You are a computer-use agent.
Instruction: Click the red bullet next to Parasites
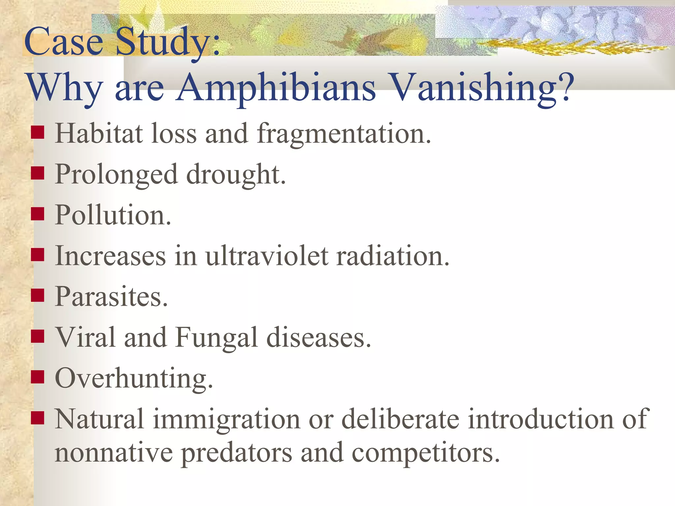pos(38,295)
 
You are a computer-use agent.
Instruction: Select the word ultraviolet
pos(267,256)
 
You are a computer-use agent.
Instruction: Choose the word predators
pos(237,453)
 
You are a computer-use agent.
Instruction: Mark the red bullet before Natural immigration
pos(38,417)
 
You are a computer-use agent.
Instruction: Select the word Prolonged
pos(116,175)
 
